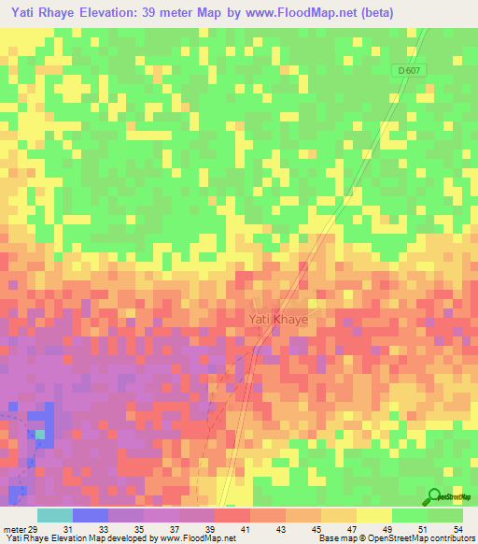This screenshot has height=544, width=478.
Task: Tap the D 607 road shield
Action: pos(406,71)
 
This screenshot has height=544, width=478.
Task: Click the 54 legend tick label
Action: pos(457,529)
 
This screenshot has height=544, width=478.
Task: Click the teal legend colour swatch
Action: pos(54,515)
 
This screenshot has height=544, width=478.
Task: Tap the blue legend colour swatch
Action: pos(90,515)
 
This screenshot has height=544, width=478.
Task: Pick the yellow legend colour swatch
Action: pos(373,515)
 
